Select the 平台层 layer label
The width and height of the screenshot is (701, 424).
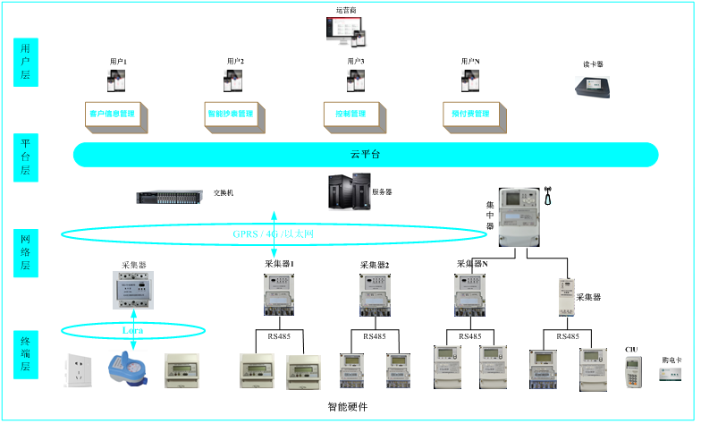click(x=26, y=157)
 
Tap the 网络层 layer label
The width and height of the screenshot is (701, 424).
click(x=26, y=253)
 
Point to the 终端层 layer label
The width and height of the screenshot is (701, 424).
click(x=26, y=354)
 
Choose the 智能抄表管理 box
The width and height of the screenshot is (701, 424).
click(x=231, y=114)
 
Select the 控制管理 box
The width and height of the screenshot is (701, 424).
click(x=351, y=114)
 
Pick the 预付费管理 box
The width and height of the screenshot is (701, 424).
click(x=470, y=114)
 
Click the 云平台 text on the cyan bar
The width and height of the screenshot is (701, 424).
click(x=365, y=155)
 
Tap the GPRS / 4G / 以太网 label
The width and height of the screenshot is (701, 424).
click(x=274, y=234)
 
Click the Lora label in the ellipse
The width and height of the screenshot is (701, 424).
click(x=132, y=331)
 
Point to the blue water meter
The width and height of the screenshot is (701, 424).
click(x=127, y=368)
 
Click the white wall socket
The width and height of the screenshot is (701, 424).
click(x=78, y=369)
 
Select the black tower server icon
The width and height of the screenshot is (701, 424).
click(x=349, y=191)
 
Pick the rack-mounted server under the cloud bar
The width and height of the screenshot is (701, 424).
click(x=169, y=196)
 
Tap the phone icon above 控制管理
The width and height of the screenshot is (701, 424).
click(x=356, y=80)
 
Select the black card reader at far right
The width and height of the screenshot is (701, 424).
click(x=592, y=87)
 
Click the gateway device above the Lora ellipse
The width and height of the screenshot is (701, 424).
click(x=132, y=290)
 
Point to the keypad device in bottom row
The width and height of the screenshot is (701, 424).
click(x=633, y=371)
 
